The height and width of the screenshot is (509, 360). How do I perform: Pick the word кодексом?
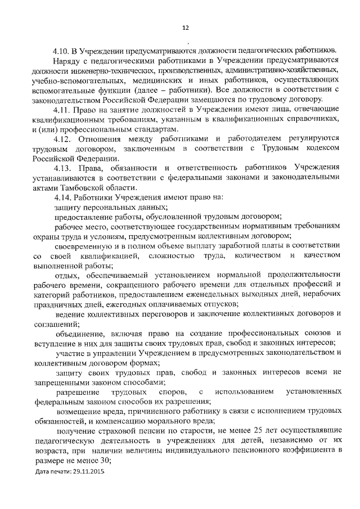pos(322,148)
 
